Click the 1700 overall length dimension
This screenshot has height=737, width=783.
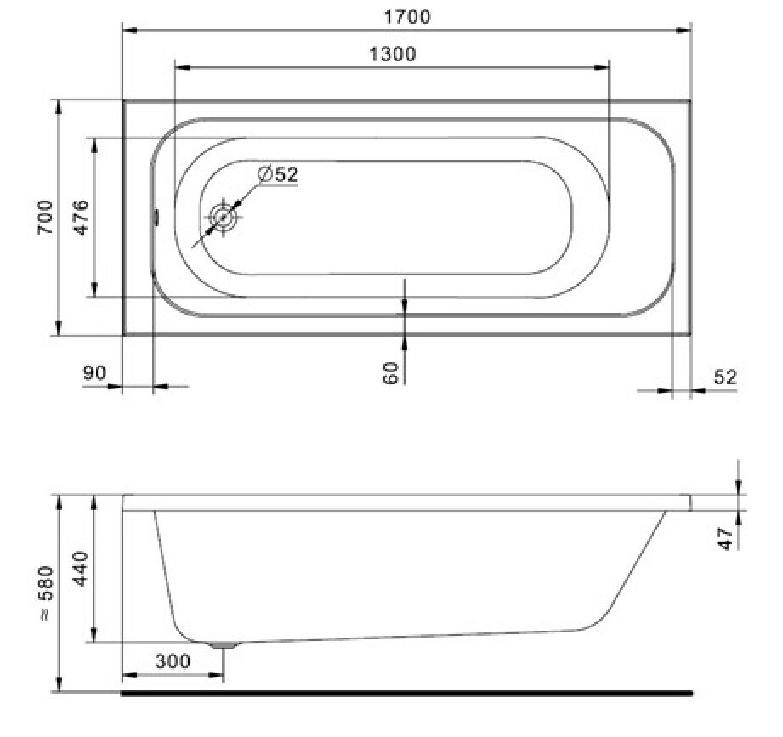click(406, 17)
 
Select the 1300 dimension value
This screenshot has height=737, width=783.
click(392, 54)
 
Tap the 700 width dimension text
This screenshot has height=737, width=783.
click(45, 218)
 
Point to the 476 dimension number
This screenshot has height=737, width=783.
click(81, 218)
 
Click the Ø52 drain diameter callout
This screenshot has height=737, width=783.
click(278, 174)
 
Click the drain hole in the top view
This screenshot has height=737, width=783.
click(223, 218)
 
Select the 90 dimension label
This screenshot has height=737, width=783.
click(94, 373)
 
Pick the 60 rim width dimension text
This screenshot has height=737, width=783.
click(391, 373)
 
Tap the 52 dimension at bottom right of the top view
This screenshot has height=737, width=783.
click(725, 377)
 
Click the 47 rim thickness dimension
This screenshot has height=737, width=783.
click(725, 538)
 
